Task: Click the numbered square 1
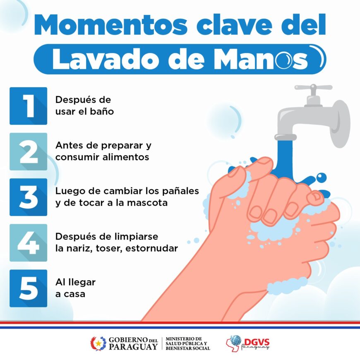28,106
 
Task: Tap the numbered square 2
28,151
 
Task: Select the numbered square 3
28,197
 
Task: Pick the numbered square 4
28,242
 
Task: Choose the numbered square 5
28,288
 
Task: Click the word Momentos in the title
111,25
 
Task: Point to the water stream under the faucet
286,158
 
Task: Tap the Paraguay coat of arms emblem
98,343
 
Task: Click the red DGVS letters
257,342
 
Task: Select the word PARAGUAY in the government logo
133,346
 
